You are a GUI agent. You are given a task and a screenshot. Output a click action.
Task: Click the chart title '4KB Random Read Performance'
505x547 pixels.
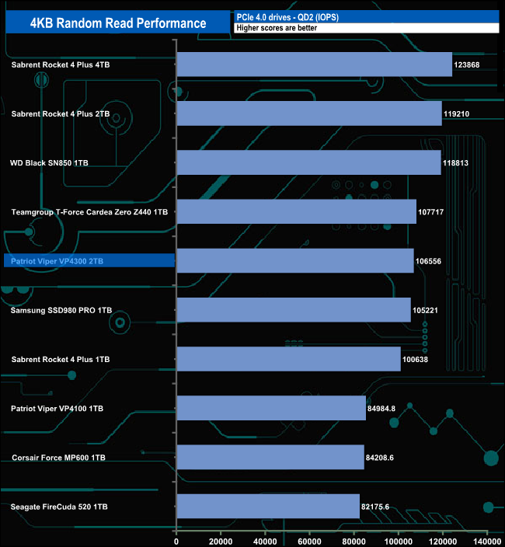(118, 23)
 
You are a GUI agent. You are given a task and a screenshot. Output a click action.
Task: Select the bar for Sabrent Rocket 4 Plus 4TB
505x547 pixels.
(314, 64)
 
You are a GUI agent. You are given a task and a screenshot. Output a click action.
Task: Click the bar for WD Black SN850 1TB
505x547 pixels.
(308, 162)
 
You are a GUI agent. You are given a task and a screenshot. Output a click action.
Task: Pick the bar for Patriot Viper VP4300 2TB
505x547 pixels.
(295, 261)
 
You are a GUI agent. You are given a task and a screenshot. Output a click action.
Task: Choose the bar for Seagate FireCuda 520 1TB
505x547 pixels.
(268, 507)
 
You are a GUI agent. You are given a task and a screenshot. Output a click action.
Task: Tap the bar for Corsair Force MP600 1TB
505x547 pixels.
(270, 458)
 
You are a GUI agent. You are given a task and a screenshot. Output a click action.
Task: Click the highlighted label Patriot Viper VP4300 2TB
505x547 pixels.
(57, 261)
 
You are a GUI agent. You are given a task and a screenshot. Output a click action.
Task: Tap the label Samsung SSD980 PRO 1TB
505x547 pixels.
(61, 310)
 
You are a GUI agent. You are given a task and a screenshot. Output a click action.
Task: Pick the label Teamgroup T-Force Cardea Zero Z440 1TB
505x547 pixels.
(89, 211)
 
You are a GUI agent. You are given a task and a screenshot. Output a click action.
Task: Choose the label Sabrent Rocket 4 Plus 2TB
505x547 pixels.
(61, 113)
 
